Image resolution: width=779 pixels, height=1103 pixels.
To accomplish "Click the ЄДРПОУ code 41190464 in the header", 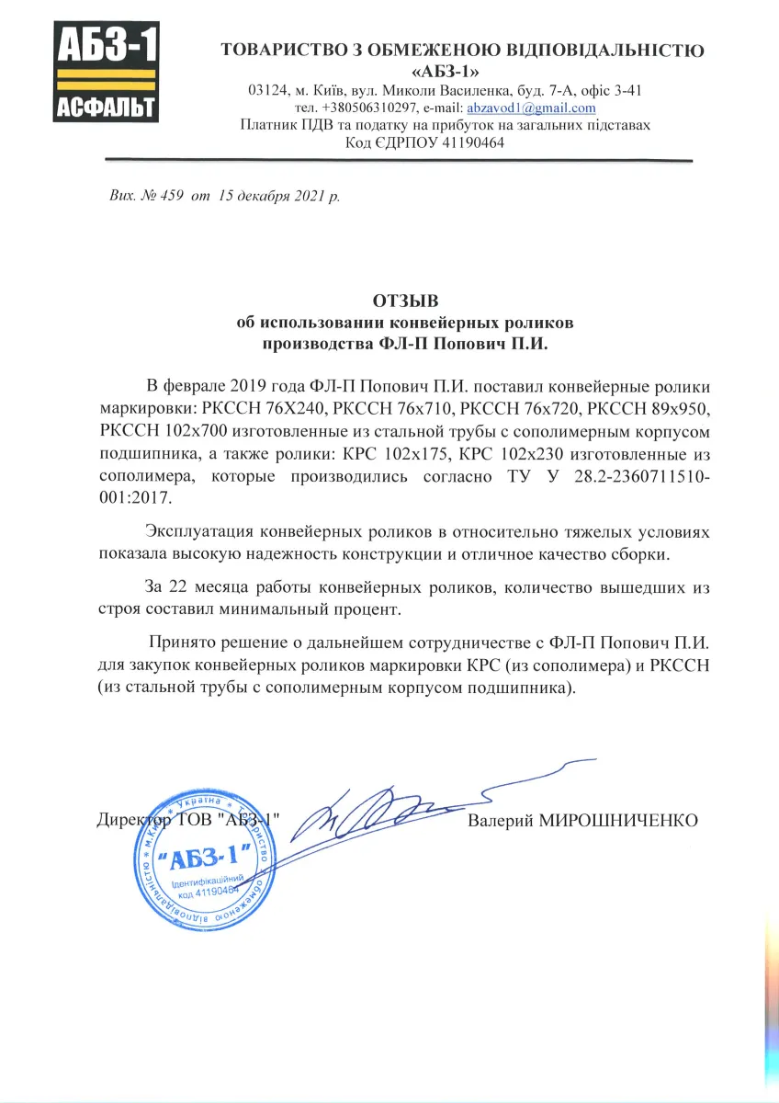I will point(473,142).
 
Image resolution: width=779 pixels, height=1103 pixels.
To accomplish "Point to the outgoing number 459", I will point(173,196).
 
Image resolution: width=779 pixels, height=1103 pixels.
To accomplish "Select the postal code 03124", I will point(267,90).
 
